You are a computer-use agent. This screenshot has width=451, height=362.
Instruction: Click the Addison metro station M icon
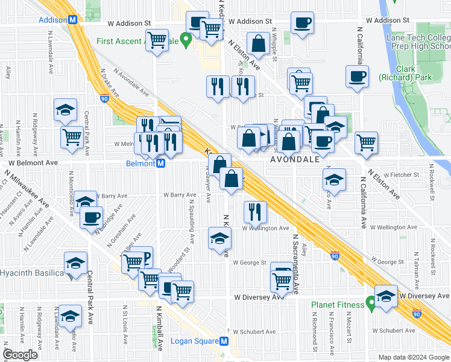(73, 19)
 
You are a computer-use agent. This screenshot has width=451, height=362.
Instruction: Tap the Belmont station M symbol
(161, 164)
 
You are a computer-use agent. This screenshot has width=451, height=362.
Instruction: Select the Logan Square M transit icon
(224, 341)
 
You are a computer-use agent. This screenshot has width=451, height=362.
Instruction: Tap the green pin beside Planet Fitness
(371, 303)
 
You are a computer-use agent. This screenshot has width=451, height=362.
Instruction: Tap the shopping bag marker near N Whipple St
(258, 43)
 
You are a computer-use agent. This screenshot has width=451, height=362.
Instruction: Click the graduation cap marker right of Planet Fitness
(386, 296)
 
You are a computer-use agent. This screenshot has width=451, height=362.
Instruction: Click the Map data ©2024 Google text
(413, 357)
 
